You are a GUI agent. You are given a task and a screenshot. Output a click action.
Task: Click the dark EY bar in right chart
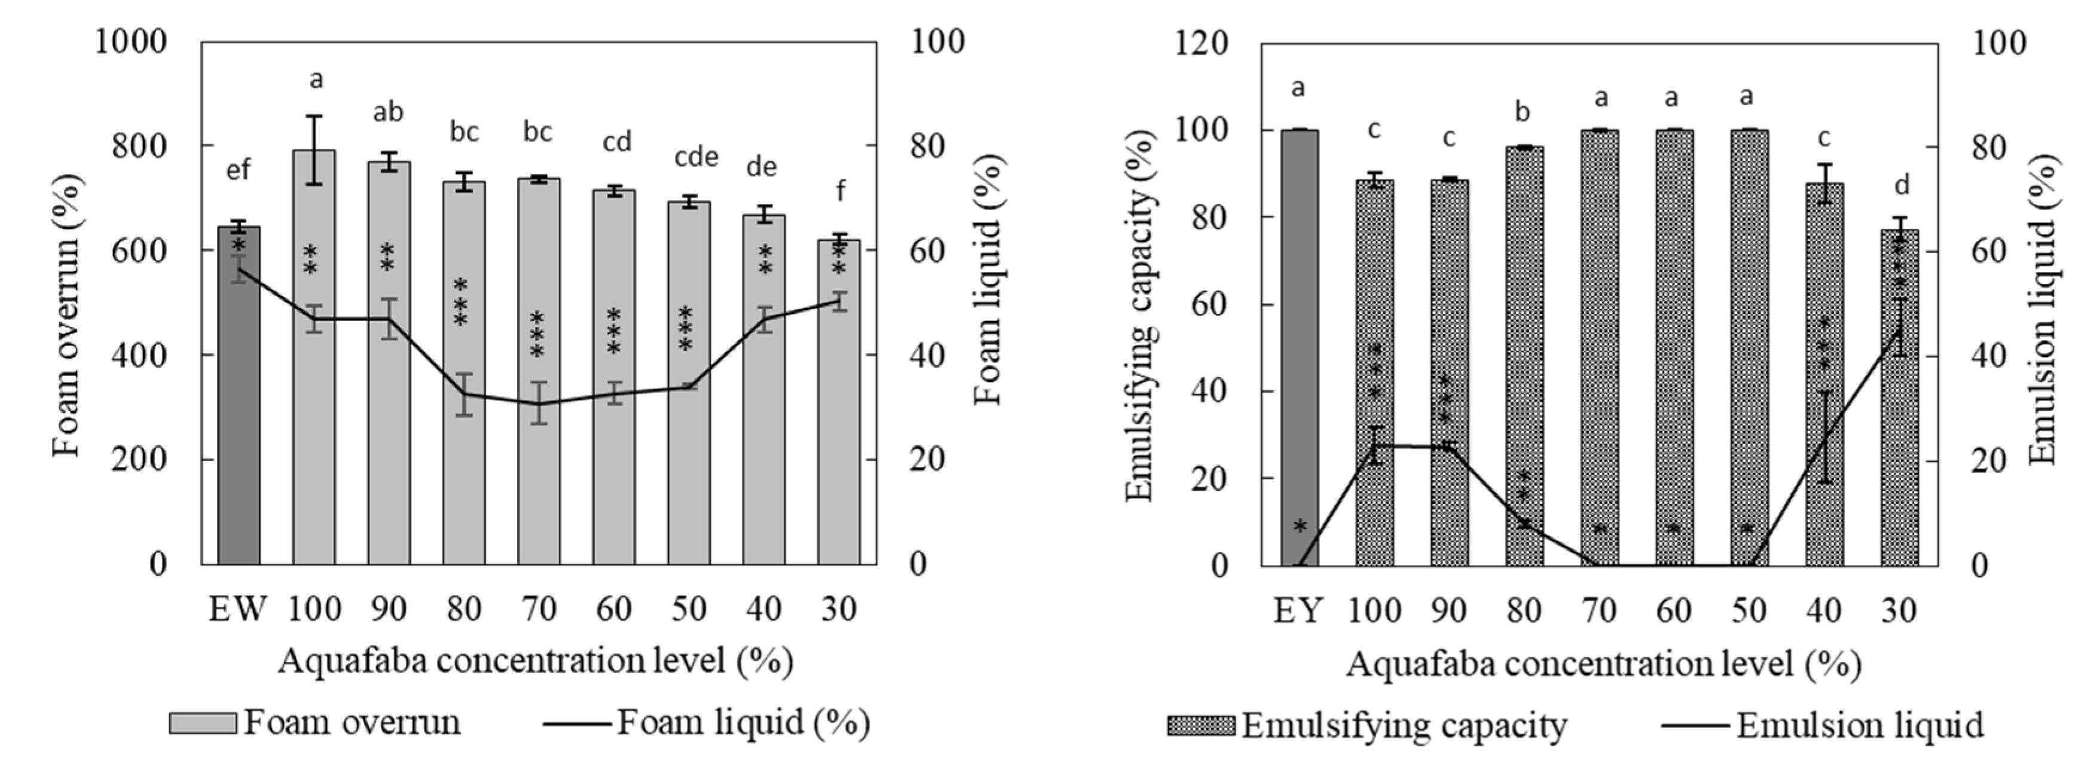pyautogui.click(x=1299, y=348)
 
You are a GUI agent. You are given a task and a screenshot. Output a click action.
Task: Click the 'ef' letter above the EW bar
pyautogui.click(x=238, y=171)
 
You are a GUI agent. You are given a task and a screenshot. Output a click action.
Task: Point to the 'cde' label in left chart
pyautogui.click(x=696, y=157)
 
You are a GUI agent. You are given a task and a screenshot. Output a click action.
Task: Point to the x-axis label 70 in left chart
pyautogui.click(x=539, y=609)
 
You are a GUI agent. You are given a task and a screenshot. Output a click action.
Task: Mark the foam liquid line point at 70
pyautogui.click(x=539, y=404)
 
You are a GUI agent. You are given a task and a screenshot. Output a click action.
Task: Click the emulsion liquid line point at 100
pyautogui.click(x=1374, y=445)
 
